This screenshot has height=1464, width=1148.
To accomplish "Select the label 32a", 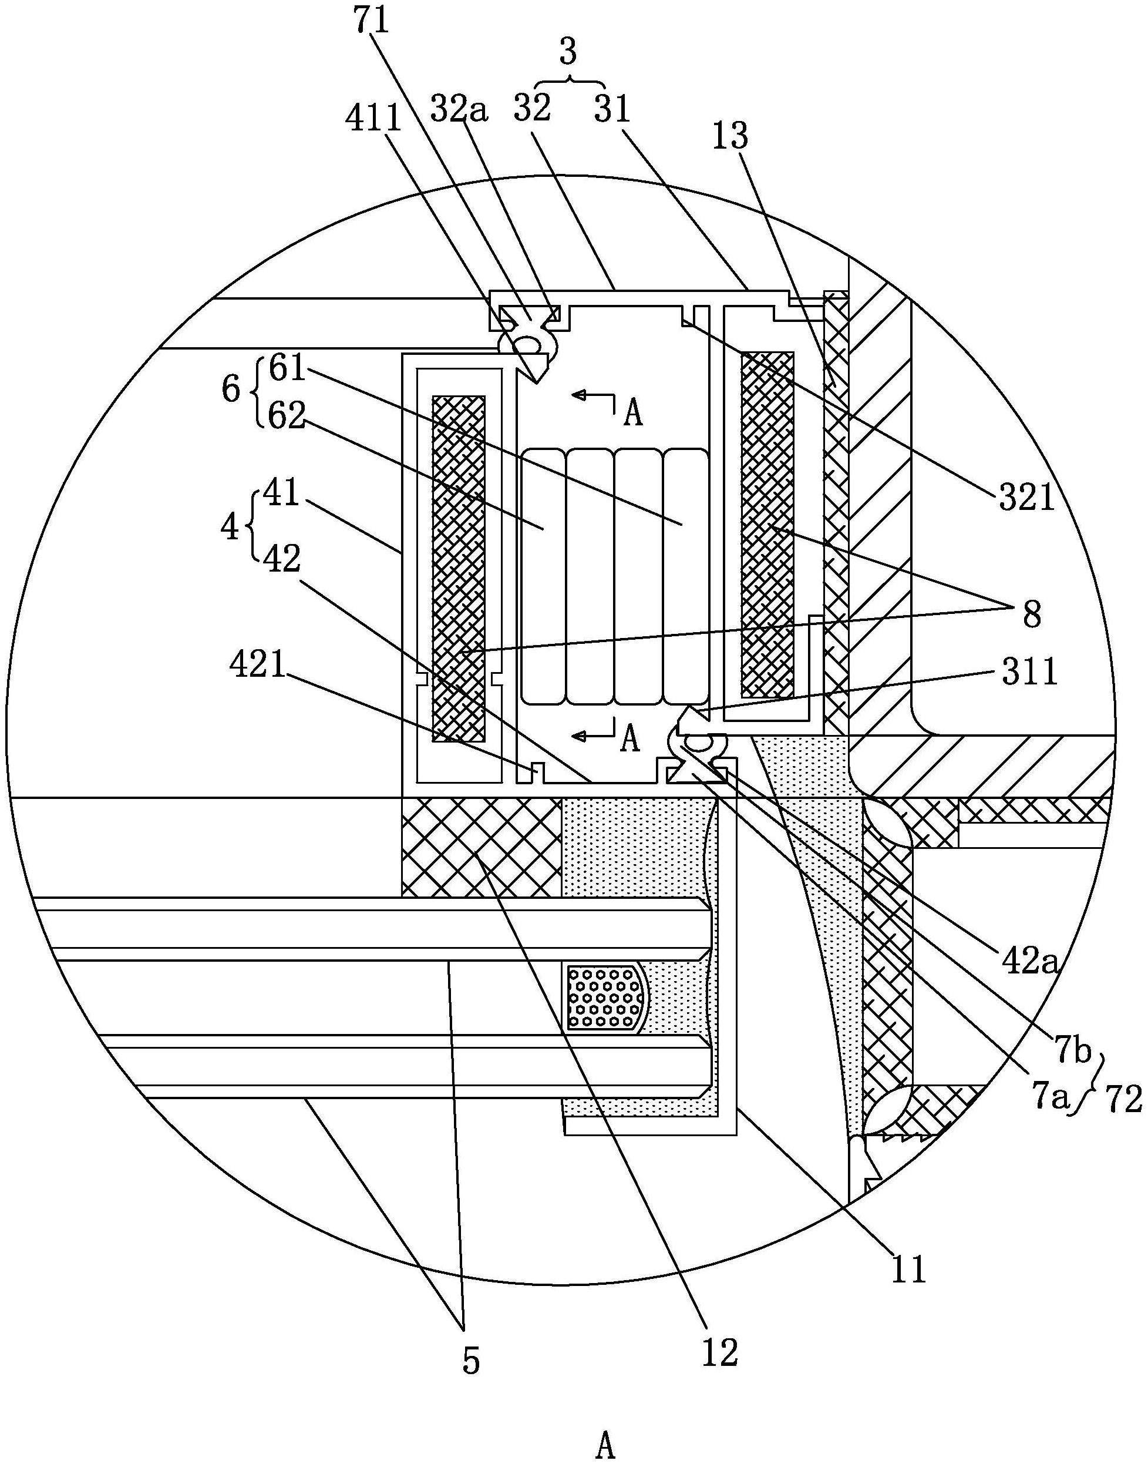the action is click(x=459, y=108).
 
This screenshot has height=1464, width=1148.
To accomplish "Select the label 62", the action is click(x=287, y=417).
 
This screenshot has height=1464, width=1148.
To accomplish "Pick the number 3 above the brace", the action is click(x=568, y=52).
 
